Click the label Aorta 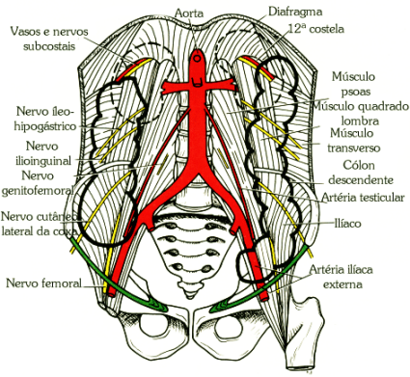(x=188, y=13)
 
